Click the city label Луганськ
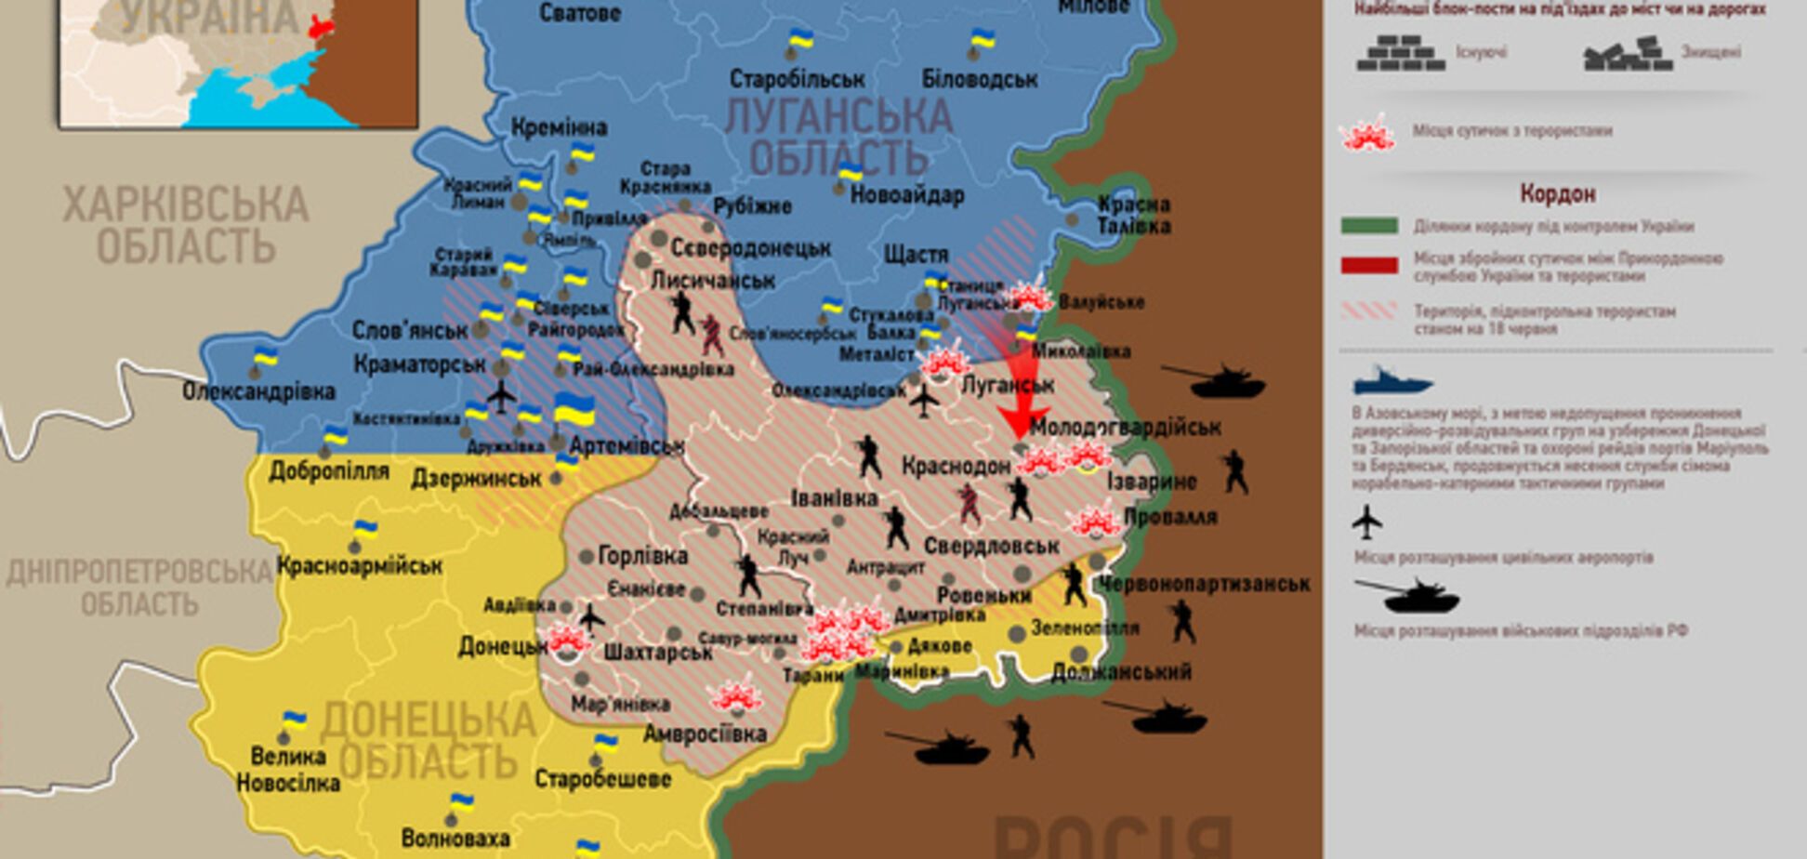1008,384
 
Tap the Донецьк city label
502,645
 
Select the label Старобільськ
797,79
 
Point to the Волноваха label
455,838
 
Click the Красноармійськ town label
360,564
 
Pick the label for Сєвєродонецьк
751,248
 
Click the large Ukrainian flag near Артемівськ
574,410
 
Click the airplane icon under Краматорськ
501,396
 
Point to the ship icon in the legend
1392,381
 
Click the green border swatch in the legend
1369,226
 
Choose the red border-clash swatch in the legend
1369,266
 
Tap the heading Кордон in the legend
1558,193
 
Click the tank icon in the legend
1407,595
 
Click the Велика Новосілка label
288,770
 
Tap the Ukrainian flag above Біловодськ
982,40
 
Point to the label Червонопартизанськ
1205,584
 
